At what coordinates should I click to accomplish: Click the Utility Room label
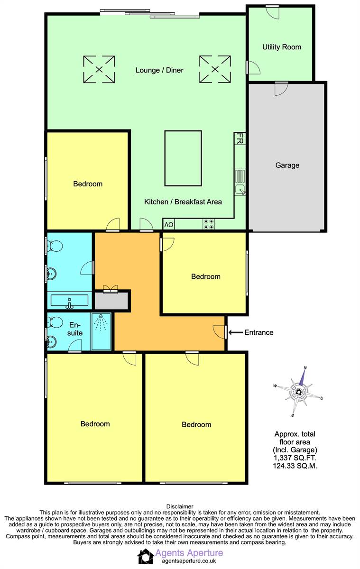pos(281,47)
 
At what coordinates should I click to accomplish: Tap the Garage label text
pos(287,165)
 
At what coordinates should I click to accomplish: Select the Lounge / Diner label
pos(159,70)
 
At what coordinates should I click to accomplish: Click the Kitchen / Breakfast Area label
pos(183,202)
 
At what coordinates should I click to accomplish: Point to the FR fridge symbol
pos(240,138)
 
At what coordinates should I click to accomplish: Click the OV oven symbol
pos(169,225)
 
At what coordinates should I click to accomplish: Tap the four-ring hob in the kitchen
pos(209,224)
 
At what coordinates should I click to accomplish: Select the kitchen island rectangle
pos(183,158)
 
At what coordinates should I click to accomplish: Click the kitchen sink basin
pos(240,190)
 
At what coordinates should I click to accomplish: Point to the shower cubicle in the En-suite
pos(101,331)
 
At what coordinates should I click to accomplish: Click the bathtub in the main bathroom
pos(69,301)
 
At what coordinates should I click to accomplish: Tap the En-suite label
pos(74,329)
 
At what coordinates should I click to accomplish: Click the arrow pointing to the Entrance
pos(236,332)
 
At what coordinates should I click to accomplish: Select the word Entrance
pos(259,332)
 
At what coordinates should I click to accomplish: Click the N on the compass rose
pos(305,367)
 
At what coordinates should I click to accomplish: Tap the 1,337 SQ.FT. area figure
pos(295,458)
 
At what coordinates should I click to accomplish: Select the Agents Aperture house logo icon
pos(146,556)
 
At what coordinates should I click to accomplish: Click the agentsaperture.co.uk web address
pos(189,560)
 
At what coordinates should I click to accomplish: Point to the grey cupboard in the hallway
pos(111,301)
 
